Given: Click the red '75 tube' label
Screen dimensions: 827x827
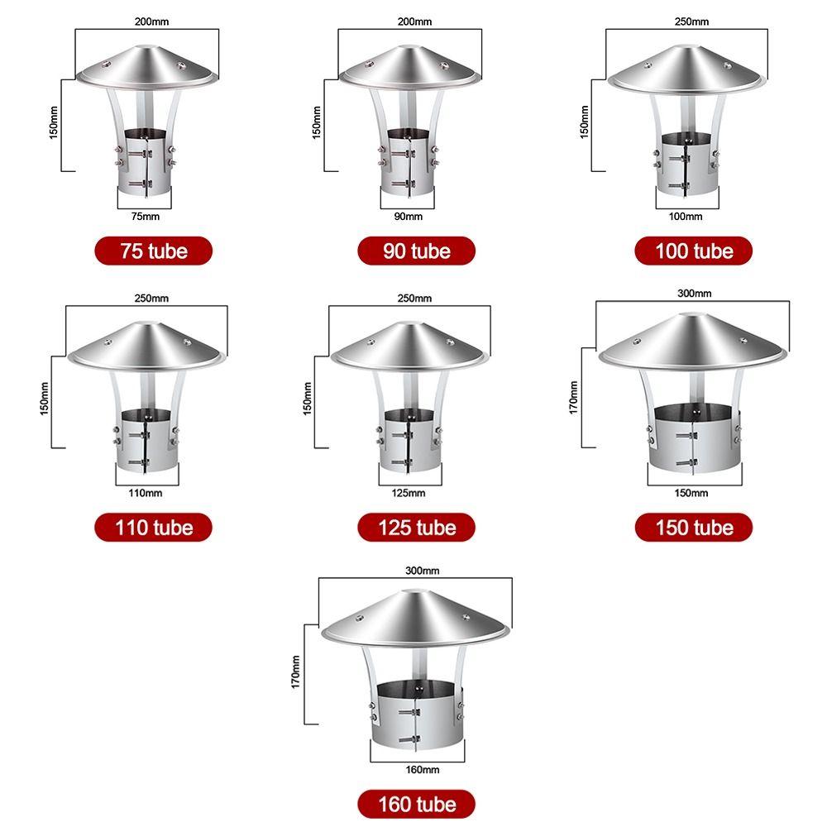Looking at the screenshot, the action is point(154,251).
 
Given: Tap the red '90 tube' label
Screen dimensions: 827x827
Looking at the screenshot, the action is point(417,251).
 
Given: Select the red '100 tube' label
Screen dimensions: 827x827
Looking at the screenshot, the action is point(694,251).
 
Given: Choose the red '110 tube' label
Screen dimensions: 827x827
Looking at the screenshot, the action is point(154,528).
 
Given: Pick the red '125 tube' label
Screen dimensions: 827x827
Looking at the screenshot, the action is point(417,528).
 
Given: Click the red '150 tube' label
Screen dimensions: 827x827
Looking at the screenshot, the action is point(694,528).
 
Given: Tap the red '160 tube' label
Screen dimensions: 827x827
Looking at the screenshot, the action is point(417,805).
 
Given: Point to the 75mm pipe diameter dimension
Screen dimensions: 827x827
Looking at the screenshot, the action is point(145,216).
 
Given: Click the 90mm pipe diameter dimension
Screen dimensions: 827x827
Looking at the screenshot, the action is point(409,216).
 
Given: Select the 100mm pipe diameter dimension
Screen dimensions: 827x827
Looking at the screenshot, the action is point(686,216).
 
